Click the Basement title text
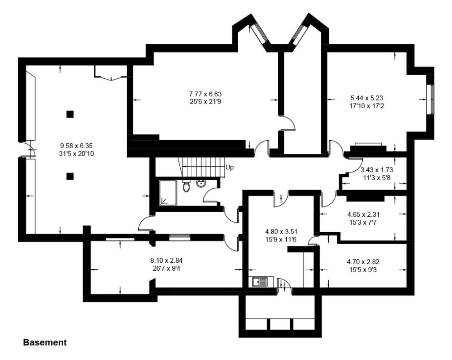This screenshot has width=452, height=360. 45,342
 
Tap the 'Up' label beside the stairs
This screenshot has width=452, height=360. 229,168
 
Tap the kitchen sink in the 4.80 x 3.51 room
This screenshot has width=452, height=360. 262,282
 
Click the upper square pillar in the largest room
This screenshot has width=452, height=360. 70,115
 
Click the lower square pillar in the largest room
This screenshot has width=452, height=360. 70,176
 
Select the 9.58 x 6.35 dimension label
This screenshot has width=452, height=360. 76,149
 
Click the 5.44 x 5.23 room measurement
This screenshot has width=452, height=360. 366,102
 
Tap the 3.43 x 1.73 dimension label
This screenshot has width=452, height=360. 376,174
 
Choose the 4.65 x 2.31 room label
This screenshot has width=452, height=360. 364,218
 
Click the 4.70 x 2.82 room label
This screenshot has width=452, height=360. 363,266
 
